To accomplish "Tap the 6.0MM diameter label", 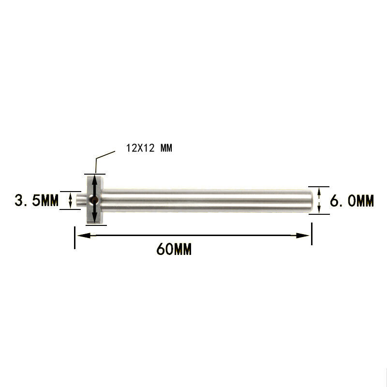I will tap(352, 200).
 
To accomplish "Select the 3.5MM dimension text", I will tap(36, 200).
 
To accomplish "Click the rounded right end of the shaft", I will tap(308, 199).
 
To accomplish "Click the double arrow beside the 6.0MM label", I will tap(319, 199).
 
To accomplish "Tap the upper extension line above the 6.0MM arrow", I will tap(319, 186).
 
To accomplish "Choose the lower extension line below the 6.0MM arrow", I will tap(319, 212).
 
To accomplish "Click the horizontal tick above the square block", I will tap(94, 173).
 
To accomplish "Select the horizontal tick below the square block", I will tap(94, 225).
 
